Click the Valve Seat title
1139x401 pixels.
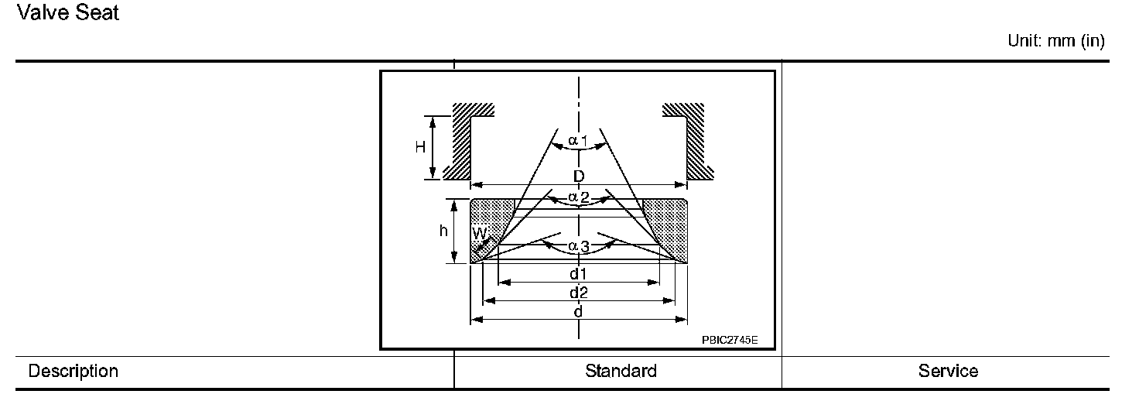pos(68,12)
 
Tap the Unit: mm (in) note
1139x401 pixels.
pos(1055,42)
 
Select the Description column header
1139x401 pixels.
pos(73,371)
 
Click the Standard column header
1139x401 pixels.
pos(621,371)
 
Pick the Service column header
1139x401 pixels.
pos(948,371)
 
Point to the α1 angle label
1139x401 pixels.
pos(578,141)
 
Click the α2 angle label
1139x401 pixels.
pos(578,197)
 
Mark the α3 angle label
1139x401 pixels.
pos(578,246)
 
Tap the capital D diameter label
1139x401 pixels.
pos(579,177)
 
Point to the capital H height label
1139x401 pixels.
pos(420,147)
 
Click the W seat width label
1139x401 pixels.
pos(479,232)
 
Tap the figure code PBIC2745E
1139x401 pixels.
pos(730,339)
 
